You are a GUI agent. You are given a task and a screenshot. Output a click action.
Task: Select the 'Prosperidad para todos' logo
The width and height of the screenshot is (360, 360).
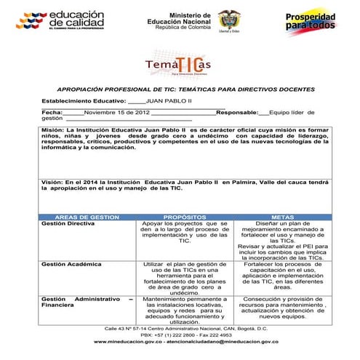pyautogui.click(x=311, y=23)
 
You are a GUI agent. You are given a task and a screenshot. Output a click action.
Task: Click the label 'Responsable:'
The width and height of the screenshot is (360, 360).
pyautogui.click(x=237, y=113)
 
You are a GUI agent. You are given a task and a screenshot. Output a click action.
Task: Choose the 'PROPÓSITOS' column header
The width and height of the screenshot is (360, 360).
pyautogui.click(x=185, y=217)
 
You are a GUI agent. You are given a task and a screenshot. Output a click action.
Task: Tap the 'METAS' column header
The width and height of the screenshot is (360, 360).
pyautogui.click(x=281, y=217)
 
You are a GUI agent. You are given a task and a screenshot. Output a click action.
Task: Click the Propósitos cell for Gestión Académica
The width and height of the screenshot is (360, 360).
pyautogui.click(x=185, y=279)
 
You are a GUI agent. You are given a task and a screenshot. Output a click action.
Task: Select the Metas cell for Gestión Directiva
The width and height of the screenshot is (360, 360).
pyautogui.click(x=281, y=241)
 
